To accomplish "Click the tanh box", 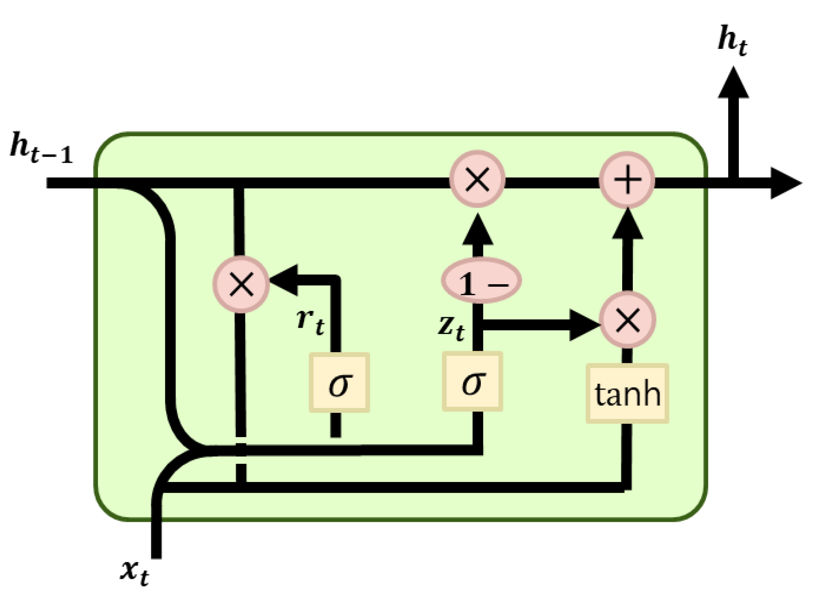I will [x=627, y=393].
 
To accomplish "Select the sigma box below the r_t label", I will [x=339, y=382].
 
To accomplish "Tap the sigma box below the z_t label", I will [x=472, y=382].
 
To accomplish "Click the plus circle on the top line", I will [x=627, y=180].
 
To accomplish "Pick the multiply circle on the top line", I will [x=477, y=179].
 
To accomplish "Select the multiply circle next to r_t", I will [x=241, y=284].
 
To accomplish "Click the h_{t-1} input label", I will [x=41, y=148].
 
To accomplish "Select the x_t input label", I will [x=134, y=572].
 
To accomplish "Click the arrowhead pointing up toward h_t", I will [x=733, y=83].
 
